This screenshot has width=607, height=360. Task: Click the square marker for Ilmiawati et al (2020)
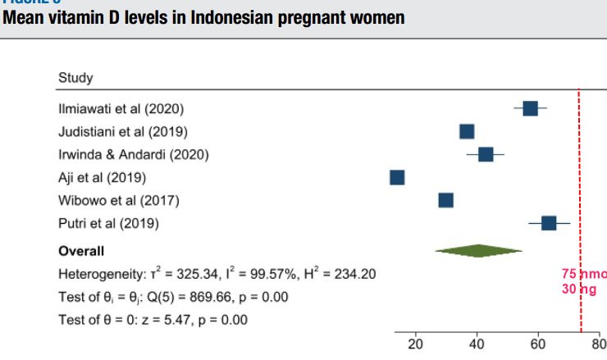pyautogui.click(x=530, y=108)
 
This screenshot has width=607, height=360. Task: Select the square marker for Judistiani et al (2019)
pyautogui.click(x=467, y=131)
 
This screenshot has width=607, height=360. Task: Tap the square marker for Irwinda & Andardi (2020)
pyautogui.click(x=486, y=154)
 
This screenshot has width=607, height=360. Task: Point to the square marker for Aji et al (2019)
pyautogui.click(x=397, y=177)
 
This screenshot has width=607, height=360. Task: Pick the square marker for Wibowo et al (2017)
pyautogui.click(x=445, y=200)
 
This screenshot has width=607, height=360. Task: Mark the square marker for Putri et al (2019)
pyautogui.click(x=549, y=223)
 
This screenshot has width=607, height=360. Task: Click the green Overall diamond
pyautogui.click(x=478, y=250)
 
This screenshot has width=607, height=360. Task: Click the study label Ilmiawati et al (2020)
pyautogui.click(x=121, y=108)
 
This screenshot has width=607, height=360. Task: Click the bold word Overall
pyautogui.click(x=80, y=250)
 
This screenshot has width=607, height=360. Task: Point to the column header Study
pyautogui.click(x=75, y=78)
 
